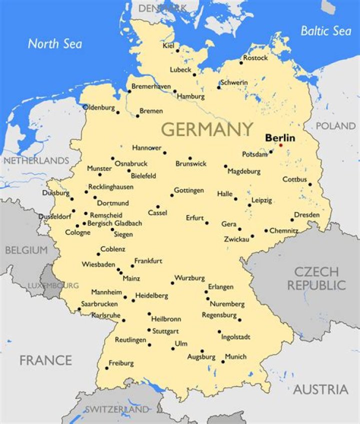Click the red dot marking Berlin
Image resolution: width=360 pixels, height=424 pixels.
(280, 145)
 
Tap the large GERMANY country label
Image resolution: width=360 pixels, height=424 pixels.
(207, 129)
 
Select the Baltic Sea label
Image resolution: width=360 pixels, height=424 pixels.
(325, 31)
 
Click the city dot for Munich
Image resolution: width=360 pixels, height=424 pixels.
(223, 361)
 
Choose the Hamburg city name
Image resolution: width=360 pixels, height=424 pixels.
(191, 96)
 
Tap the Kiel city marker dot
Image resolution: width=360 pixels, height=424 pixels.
(177, 50)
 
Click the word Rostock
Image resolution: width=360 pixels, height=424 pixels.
(255, 58)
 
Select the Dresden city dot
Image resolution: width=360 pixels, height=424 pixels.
(292, 219)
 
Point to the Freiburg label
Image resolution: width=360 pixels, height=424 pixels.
(121, 363)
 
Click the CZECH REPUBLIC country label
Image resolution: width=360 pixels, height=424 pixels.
(316, 278)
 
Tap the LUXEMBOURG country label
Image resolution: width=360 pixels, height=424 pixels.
(53, 285)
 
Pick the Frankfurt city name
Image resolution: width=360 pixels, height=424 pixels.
(148, 261)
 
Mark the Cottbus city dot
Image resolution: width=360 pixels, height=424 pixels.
(310, 184)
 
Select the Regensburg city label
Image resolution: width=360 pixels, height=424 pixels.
(219, 315)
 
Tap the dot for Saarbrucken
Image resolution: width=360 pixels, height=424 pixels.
(78, 309)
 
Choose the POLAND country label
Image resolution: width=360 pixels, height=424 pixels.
(335, 126)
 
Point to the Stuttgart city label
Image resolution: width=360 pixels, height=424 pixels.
(166, 331)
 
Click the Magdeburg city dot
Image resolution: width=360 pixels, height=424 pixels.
(225, 166)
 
